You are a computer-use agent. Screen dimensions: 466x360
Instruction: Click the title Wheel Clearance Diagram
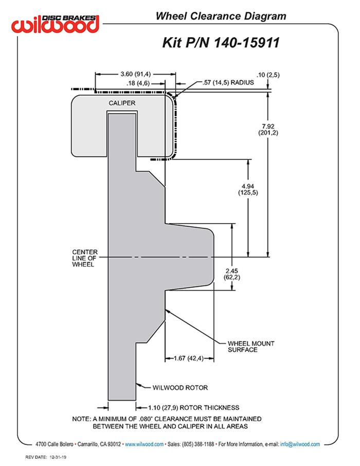221,16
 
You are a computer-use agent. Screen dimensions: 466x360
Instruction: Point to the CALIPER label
122,103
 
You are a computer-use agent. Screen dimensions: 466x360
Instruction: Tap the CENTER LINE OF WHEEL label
84,258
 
